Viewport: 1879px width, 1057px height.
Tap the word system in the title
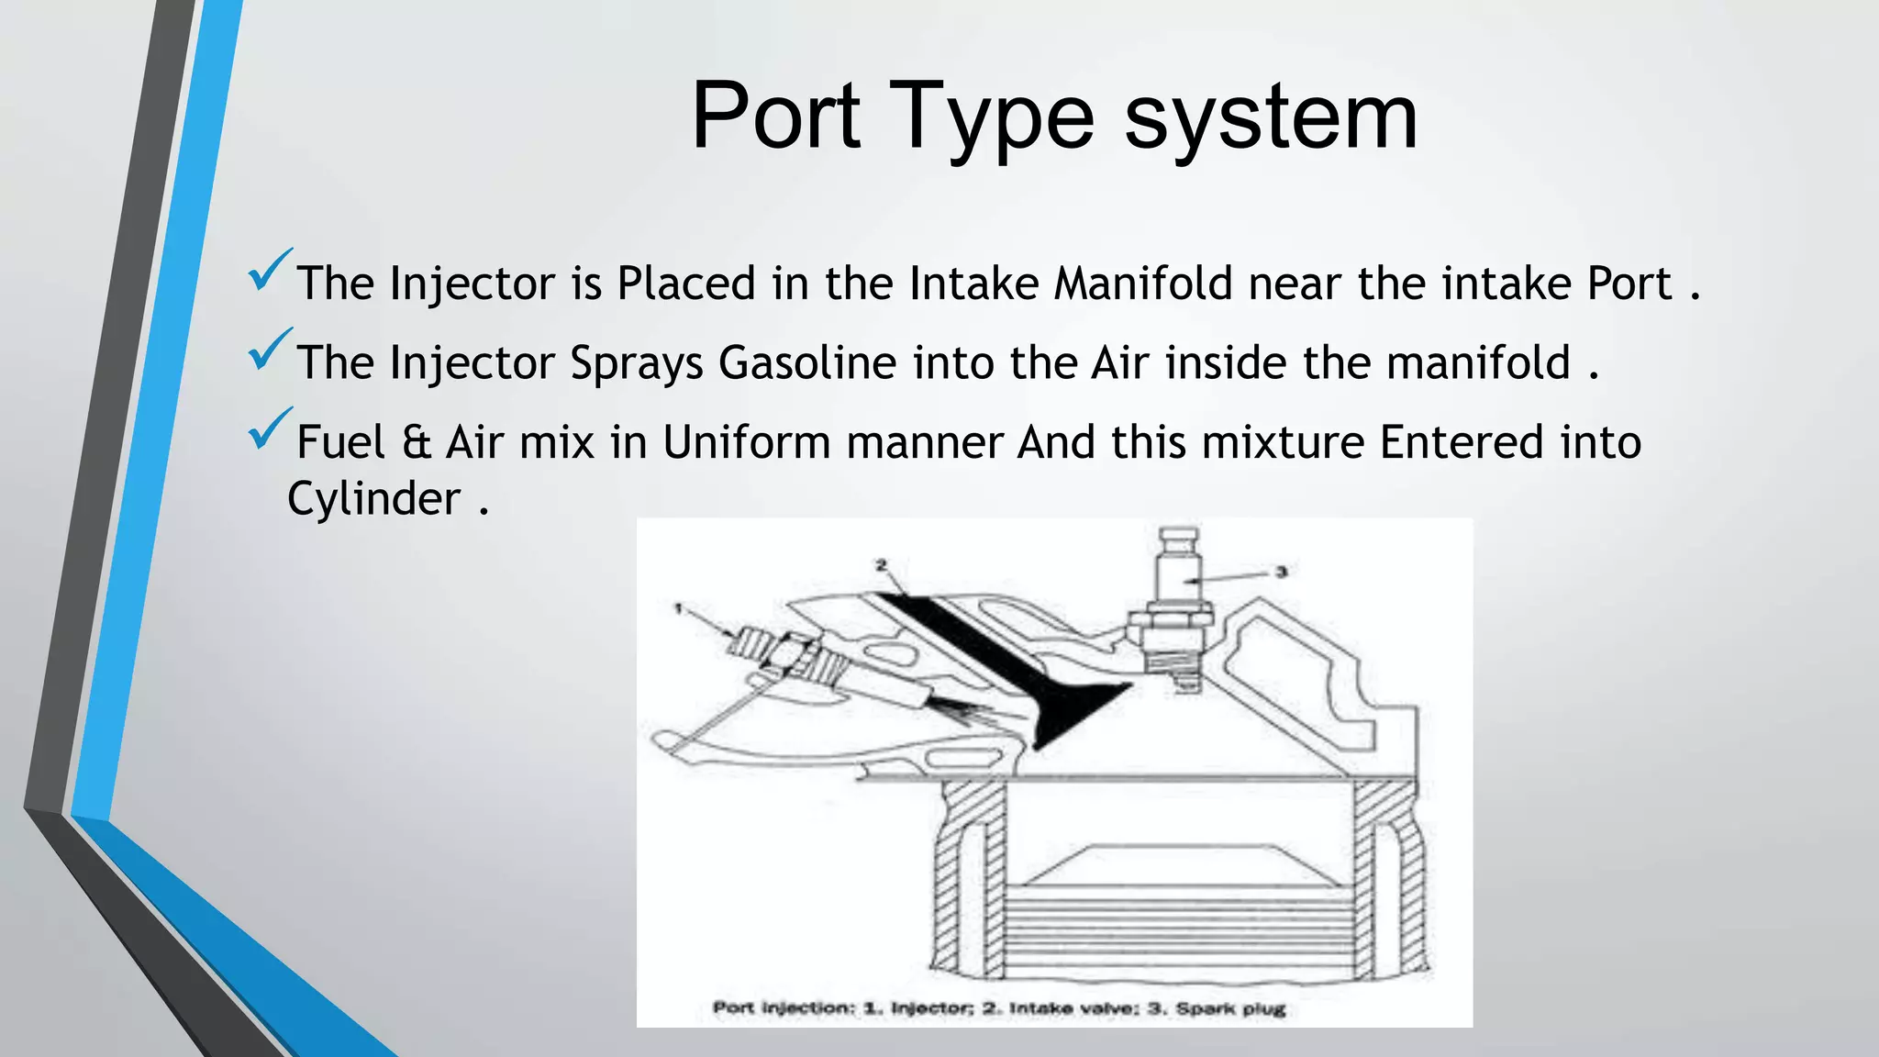click(x=1271, y=117)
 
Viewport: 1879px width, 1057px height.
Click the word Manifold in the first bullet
click(x=1142, y=283)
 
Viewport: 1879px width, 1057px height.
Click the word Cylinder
click(x=373, y=499)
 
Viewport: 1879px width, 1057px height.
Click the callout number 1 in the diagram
click(x=678, y=607)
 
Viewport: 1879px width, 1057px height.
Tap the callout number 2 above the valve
click(x=881, y=565)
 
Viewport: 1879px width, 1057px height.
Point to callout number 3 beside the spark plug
click(x=1281, y=572)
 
